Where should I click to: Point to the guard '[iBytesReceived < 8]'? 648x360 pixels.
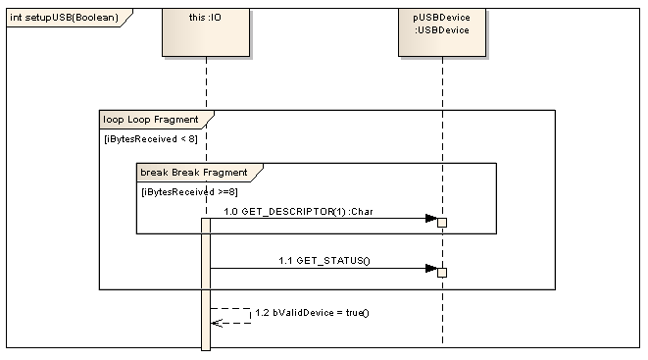coord(150,138)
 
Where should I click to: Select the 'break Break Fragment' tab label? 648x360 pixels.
coord(192,173)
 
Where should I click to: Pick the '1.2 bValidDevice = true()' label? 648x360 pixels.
coord(311,313)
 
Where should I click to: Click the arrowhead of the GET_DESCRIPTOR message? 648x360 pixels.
coord(430,219)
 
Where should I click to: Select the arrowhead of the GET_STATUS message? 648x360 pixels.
coord(430,267)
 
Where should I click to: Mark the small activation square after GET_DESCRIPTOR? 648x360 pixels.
coord(442,223)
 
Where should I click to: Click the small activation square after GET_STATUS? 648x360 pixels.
coord(442,272)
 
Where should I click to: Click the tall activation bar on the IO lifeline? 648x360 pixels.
coord(206,284)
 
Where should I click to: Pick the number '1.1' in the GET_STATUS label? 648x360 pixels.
coord(285,261)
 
